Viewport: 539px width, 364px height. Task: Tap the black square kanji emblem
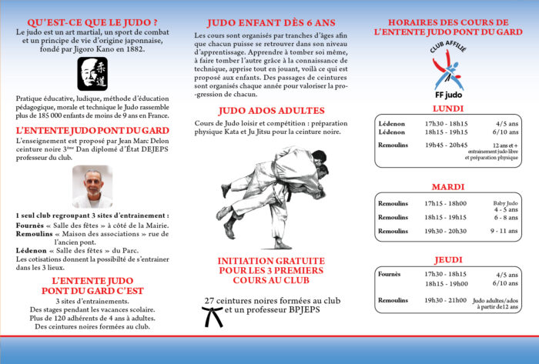[92, 72]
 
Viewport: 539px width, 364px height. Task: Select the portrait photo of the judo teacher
[92, 186]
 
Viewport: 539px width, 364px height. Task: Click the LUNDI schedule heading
[447, 109]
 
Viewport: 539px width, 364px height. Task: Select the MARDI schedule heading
[447, 187]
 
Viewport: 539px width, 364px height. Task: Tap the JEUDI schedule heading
[447, 259]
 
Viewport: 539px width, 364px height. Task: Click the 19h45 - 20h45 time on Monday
[446, 144]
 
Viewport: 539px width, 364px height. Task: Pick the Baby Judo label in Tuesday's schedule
[507, 203]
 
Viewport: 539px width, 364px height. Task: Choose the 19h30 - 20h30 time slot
[446, 231]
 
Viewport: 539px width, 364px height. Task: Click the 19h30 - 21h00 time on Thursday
[446, 300]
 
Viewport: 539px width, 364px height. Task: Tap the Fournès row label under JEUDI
[390, 274]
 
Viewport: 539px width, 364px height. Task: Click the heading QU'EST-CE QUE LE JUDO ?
[92, 22]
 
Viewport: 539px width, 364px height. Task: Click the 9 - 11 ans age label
[505, 231]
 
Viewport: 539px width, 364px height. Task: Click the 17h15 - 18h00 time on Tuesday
[446, 203]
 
